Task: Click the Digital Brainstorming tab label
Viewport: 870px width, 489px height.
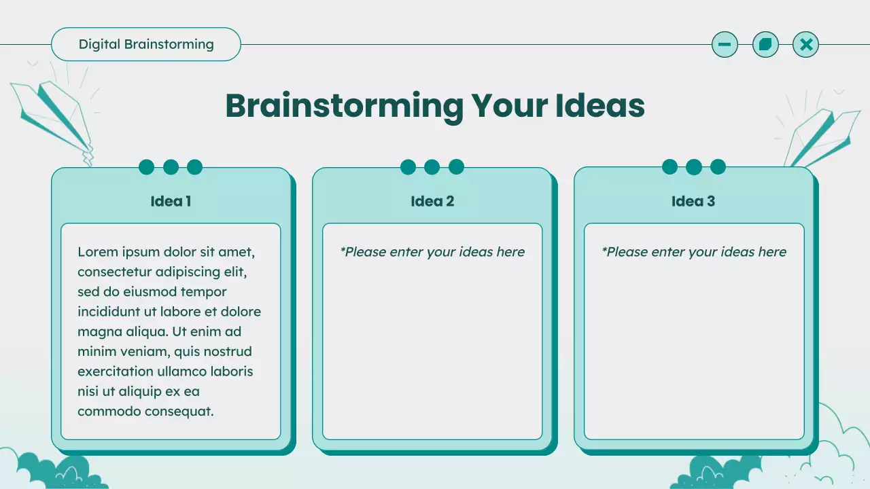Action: [x=146, y=45]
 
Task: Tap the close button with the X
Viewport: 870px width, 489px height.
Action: [x=806, y=45]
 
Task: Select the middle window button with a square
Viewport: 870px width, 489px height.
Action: [x=765, y=45]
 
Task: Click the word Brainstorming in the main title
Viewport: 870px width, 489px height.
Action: [x=344, y=106]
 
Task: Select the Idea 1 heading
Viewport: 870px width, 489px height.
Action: [x=171, y=201]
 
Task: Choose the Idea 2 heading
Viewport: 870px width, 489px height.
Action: [x=432, y=201]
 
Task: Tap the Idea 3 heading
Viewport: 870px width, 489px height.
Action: [x=693, y=201]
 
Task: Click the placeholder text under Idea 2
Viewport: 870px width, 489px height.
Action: [x=432, y=252]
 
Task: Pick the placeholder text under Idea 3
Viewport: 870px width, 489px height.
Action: [x=694, y=252]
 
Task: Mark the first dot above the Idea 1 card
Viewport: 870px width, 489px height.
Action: [x=147, y=167]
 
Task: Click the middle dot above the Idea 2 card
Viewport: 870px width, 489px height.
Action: [x=432, y=167]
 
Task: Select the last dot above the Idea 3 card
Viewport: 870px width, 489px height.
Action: [x=718, y=167]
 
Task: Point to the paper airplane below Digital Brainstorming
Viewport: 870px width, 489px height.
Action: [x=54, y=115]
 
